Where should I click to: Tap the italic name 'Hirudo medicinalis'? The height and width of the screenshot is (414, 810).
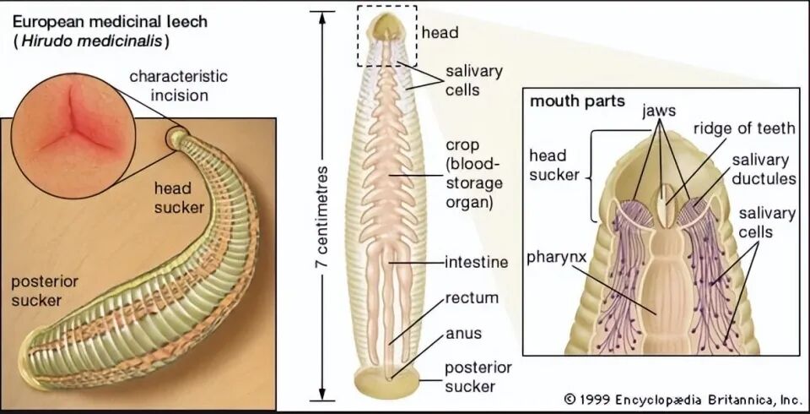coord(89,40)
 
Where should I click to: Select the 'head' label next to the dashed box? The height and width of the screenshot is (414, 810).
coord(440,35)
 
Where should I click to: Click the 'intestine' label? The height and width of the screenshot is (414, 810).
coord(478,263)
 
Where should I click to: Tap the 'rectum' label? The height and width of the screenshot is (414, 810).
coord(472,298)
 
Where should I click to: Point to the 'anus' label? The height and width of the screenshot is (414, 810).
coord(465,333)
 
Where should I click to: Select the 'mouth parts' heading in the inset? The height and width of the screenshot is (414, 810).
coord(577,101)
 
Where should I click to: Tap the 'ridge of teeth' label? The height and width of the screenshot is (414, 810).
coord(743,128)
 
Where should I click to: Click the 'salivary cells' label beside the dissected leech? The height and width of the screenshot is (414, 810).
coord(473,80)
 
